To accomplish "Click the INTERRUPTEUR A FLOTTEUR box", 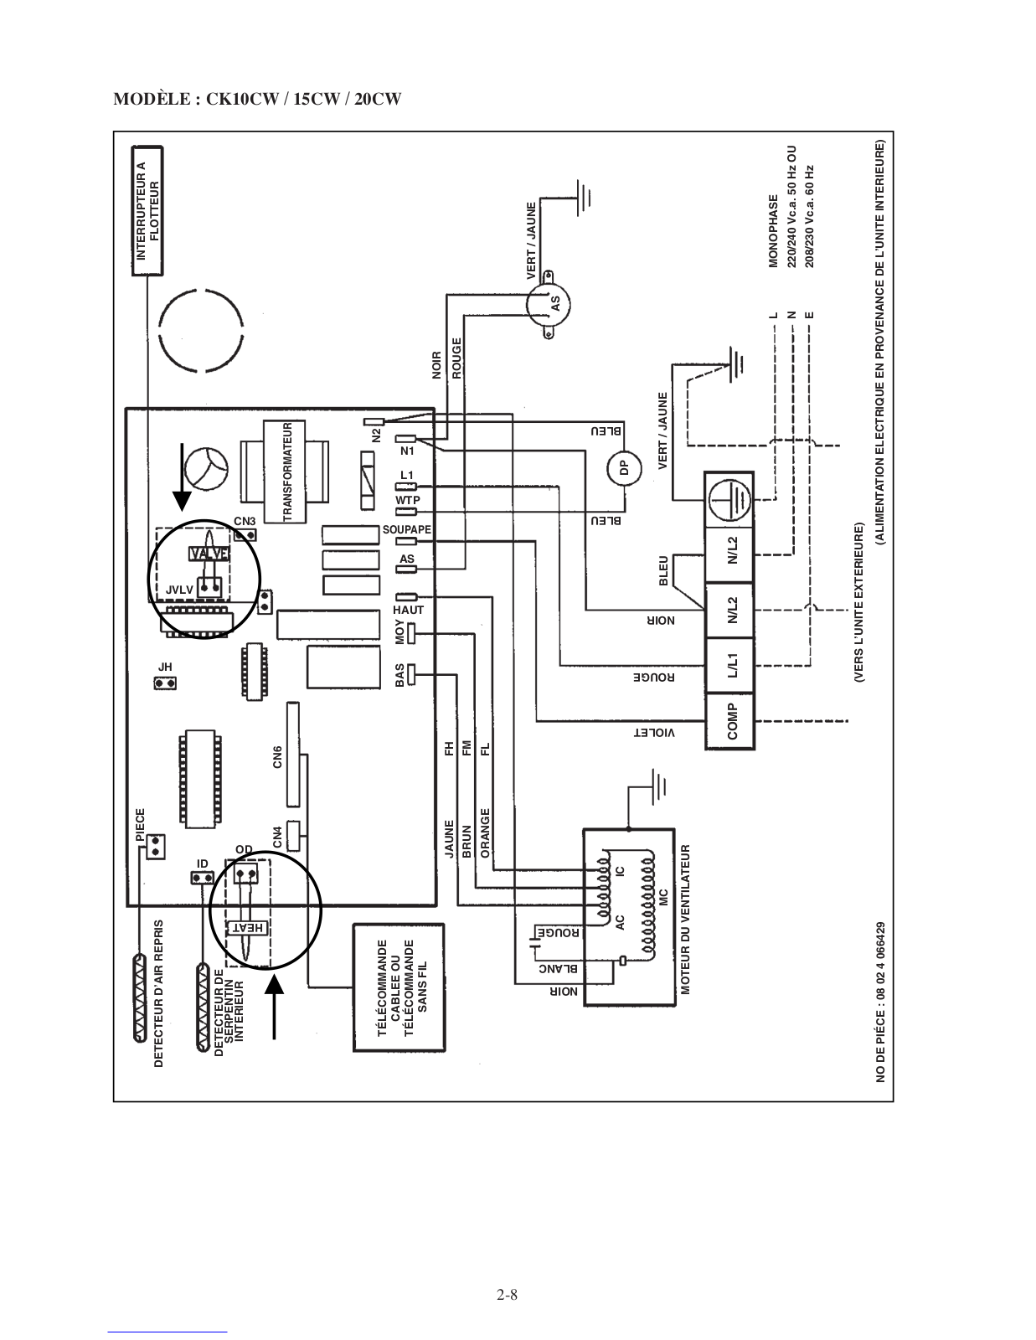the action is coord(147,211).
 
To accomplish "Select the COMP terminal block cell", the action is coord(729,721).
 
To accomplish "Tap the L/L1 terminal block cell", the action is coord(729,665).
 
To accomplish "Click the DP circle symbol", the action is coord(623,469).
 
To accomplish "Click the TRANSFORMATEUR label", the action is coord(287,472).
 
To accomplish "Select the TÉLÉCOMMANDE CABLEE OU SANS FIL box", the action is coord(399,988).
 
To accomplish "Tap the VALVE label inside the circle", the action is coord(209,554).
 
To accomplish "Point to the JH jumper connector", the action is coord(165,683).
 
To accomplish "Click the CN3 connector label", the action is coord(245,522).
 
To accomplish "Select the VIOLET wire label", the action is coord(654,733).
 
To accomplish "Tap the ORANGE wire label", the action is coord(485,833).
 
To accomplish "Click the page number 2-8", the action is coord(507,1295).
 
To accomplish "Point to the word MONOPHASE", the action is coord(773,231).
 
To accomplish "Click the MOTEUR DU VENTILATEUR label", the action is coord(685,920).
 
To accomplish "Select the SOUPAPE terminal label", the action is coord(407,529).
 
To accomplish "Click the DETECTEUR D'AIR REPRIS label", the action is coord(158,993).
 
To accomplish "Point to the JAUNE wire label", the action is coord(450,838).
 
